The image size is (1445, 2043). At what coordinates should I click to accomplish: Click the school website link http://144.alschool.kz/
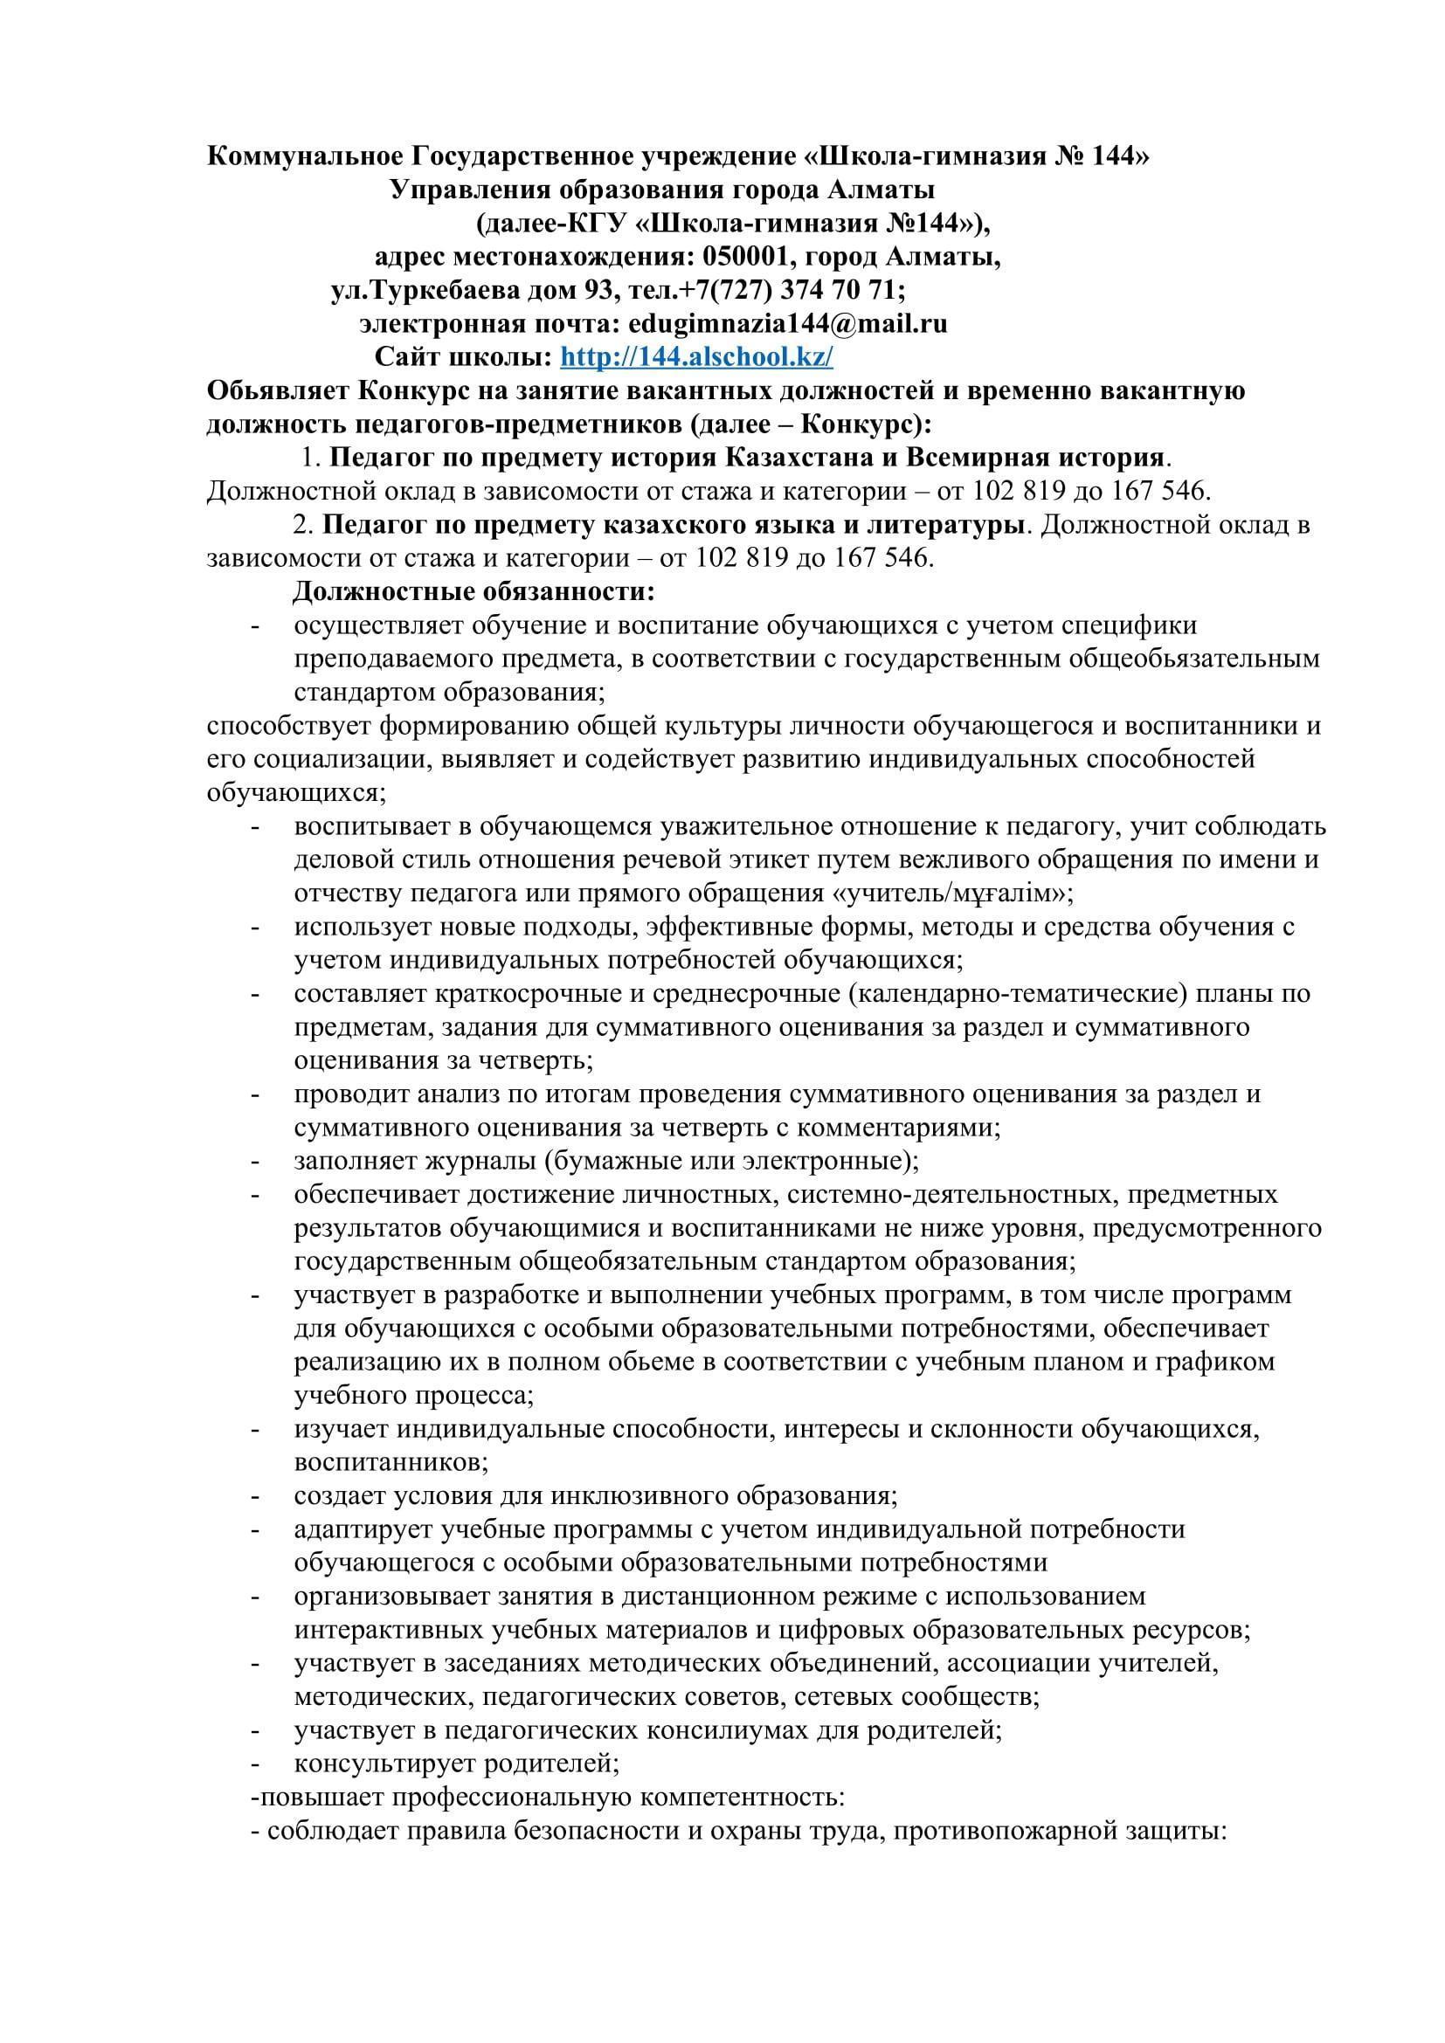point(696,357)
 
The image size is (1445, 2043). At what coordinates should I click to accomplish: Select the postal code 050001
point(745,256)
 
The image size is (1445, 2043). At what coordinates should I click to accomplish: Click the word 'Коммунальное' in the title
point(305,155)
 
